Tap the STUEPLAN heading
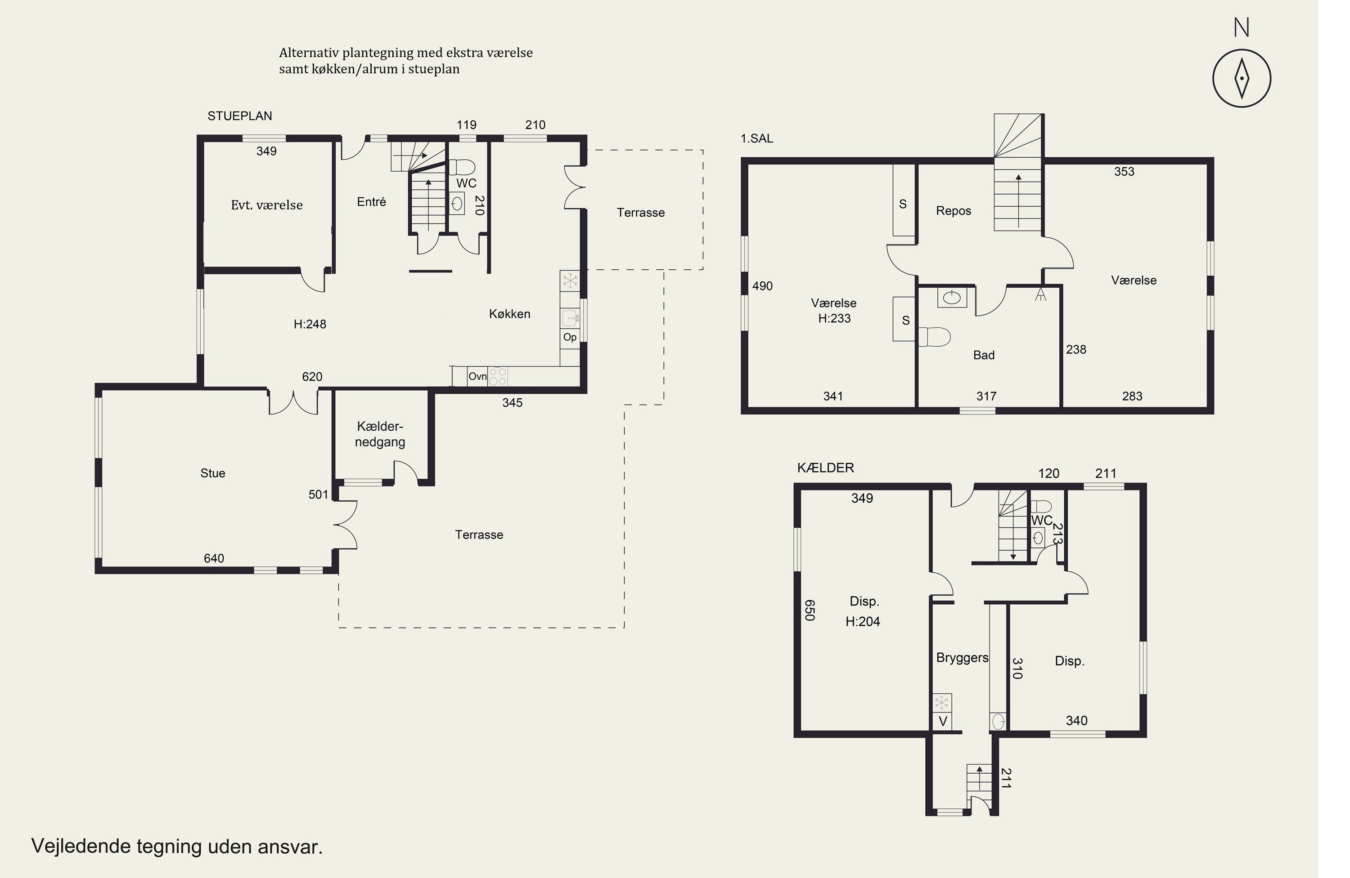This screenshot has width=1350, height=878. pos(239,116)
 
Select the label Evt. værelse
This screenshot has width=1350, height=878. pos(266,205)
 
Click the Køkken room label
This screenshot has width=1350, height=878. pos(509,313)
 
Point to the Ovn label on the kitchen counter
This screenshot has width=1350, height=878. pos(477,376)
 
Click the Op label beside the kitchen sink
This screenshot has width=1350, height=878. pos(570,337)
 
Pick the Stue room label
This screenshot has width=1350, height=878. pos(213,473)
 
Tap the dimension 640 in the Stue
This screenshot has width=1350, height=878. pos(214,558)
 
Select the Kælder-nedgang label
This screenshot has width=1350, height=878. pos(380,434)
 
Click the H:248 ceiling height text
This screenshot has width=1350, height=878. pos(310,324)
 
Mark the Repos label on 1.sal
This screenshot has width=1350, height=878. pos(954,211)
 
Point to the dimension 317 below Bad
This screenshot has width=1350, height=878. pos(986,396)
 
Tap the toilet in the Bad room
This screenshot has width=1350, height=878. pos(934,337)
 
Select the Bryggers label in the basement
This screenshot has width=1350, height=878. pos(962,658)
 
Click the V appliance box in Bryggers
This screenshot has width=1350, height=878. pos(942,722)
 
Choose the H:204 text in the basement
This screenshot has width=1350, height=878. pos(863,621)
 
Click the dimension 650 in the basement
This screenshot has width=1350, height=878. pos(810,610)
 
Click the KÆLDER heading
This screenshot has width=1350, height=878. pos(825,468)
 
